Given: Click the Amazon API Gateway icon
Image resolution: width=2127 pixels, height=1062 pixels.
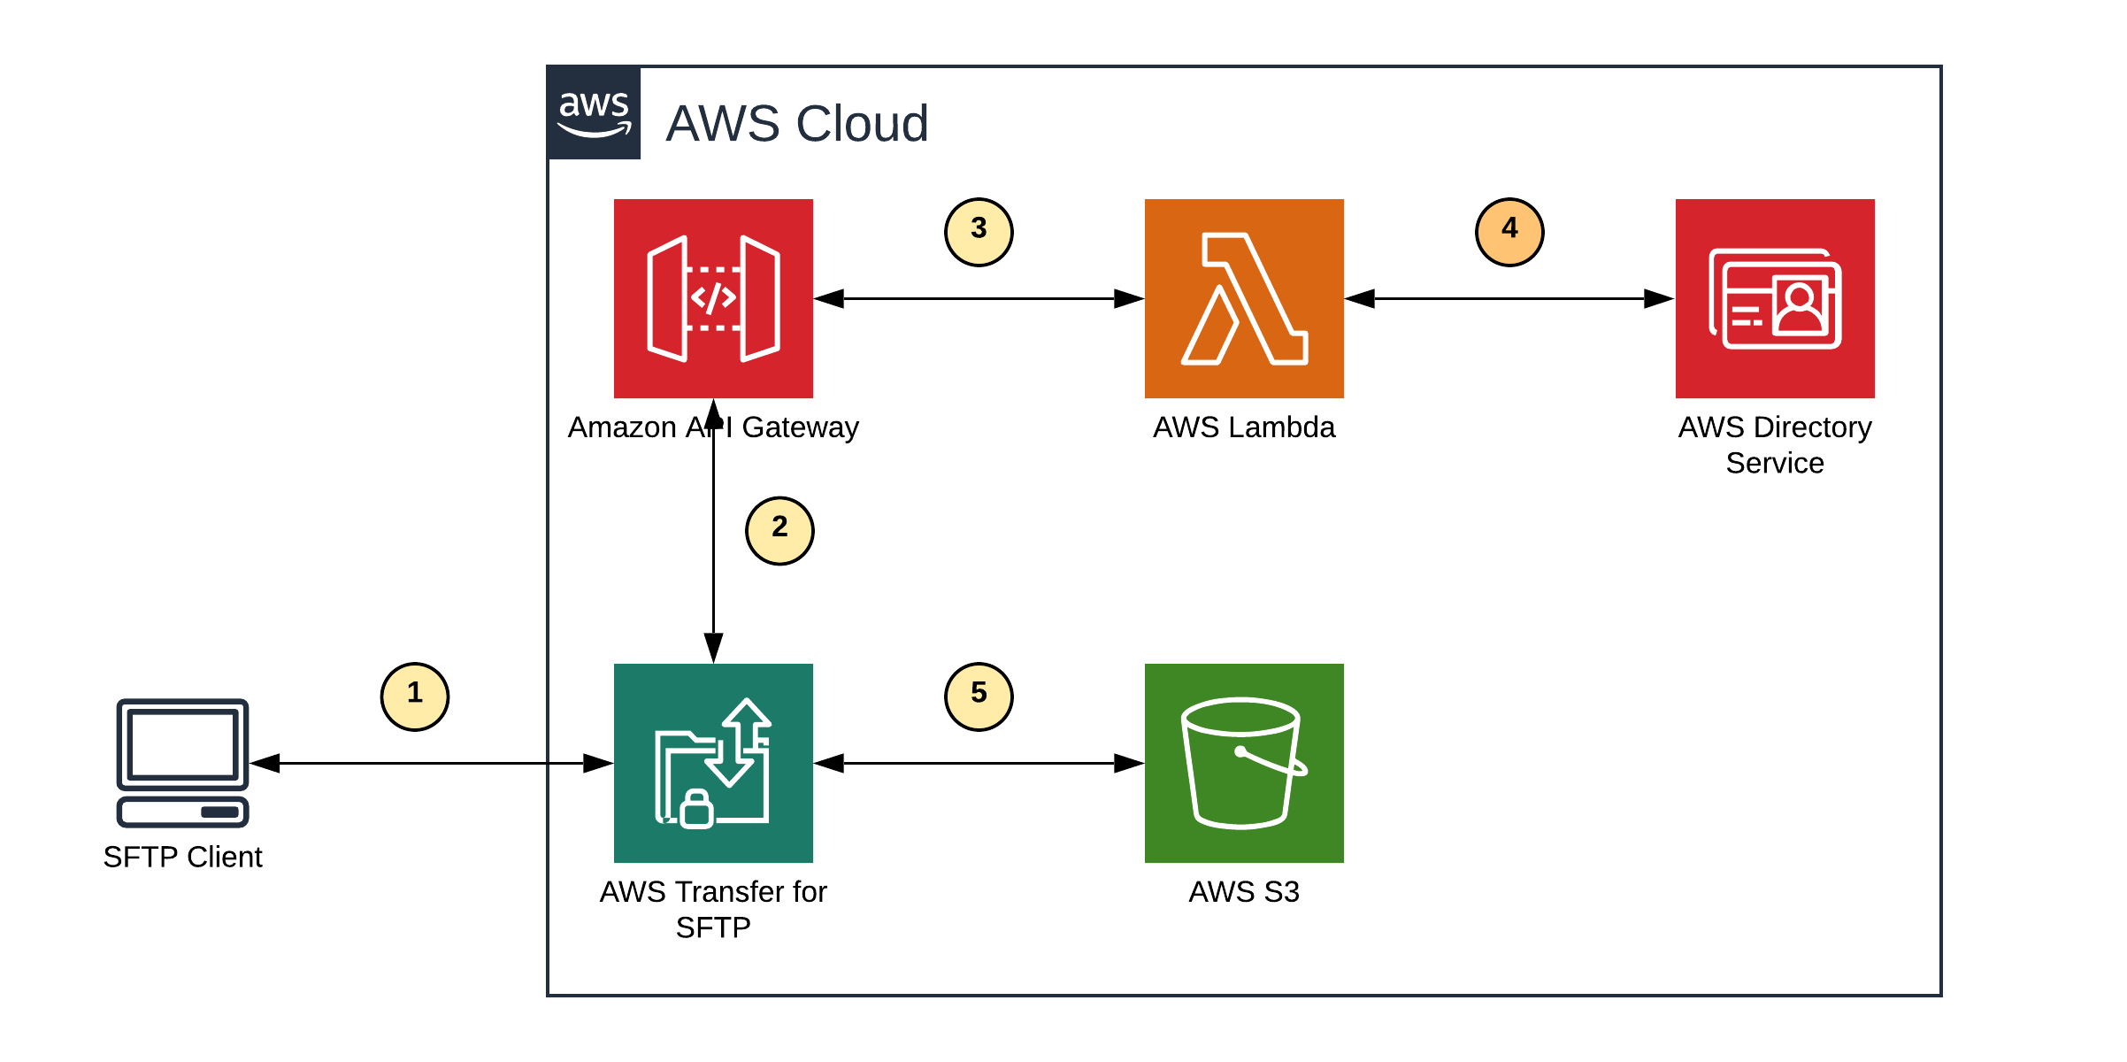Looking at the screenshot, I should coord(713,298).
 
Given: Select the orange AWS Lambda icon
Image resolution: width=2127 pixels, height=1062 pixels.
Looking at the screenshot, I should coord(1244,298).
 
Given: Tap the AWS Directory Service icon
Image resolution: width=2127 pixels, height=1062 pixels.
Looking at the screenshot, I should coord(1775,298).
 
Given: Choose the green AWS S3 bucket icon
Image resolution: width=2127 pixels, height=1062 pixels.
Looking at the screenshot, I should coord(1244,763).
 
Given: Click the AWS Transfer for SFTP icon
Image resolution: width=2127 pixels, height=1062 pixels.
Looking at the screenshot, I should coord(713,763).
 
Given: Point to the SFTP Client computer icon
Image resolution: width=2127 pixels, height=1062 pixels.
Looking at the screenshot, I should coord(182,763).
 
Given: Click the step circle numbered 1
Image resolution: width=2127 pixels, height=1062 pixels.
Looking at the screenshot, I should coord(415,696).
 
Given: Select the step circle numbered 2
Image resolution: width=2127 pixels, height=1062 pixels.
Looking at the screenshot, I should coord(779,530).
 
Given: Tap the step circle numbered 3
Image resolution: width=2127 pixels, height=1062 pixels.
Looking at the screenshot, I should coord(979,232).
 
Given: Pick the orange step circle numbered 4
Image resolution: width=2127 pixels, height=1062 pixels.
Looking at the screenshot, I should coord(1509,232).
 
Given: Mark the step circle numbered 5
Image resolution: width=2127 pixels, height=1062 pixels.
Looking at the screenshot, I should coord(979,696).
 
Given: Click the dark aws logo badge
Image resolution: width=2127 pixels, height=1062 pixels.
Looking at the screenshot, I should coord(594,113).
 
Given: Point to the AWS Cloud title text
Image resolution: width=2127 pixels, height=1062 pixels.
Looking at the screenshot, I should coord(796,123).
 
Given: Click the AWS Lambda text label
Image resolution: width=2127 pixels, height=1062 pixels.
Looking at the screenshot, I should coord(1244,427).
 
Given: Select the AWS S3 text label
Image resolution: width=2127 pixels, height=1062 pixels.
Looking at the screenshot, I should coord(1244,892).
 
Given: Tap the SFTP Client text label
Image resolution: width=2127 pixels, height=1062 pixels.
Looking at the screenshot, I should coord(182,857).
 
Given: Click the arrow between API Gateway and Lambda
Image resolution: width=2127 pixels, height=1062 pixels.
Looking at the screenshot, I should coord(979,299).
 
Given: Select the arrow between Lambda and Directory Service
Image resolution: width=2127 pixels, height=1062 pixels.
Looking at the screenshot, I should coord(1509,299).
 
